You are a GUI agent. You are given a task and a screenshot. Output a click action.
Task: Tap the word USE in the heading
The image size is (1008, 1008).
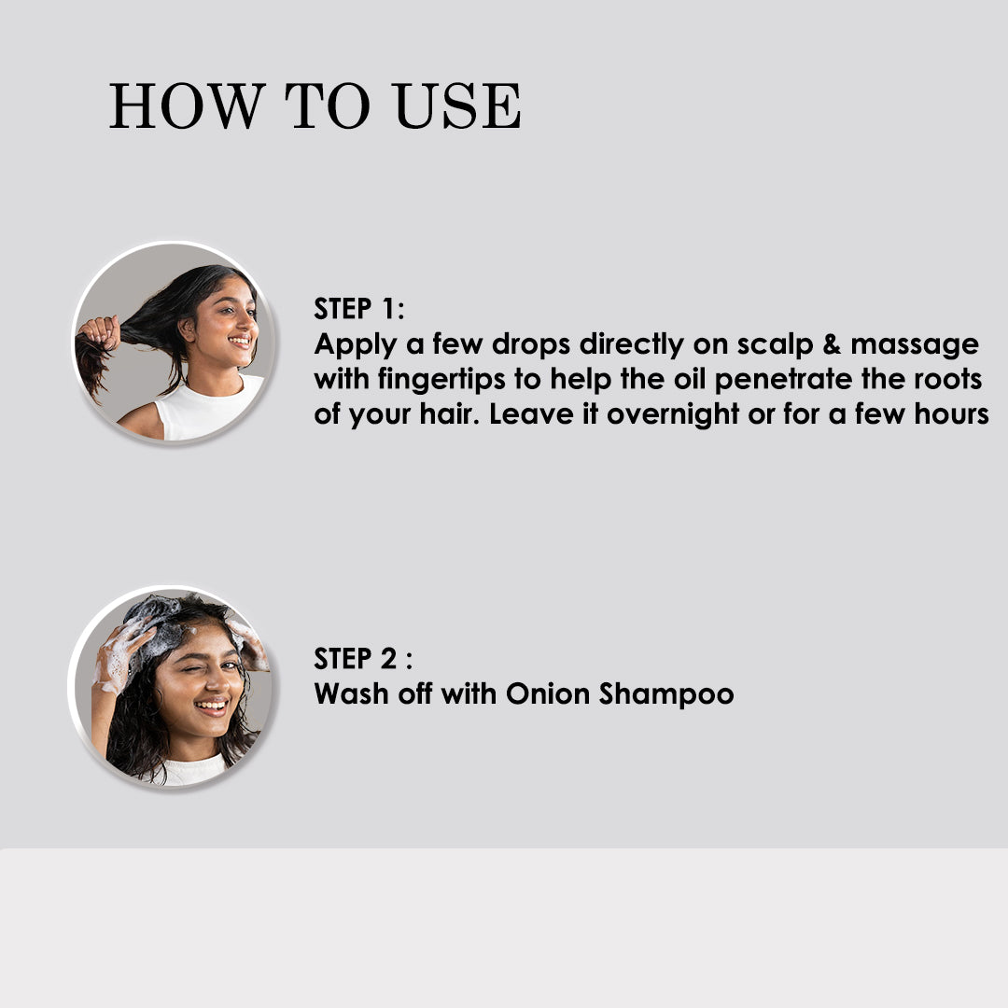(x=457, y=106)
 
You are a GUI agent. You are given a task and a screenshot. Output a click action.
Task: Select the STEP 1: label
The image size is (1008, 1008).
(x=359, y=309)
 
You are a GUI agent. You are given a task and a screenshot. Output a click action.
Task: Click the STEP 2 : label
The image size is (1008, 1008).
(x=363, y=659)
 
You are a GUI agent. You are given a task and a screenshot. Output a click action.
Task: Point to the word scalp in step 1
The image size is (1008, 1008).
(x=775, y=345)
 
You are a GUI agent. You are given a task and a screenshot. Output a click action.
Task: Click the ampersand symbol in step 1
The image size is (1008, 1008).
(x=832, y=344)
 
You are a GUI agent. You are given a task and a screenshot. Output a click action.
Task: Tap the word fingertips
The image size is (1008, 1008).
(x=441, y=380)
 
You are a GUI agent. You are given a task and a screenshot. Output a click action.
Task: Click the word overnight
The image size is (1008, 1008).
(x=673, y=414)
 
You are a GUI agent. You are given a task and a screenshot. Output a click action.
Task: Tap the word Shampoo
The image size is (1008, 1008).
(x=666, y=695)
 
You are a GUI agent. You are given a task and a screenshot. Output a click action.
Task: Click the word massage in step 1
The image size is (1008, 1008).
(x=915, y=345)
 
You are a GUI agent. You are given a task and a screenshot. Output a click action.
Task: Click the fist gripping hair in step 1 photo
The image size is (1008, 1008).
(x=100, y=332)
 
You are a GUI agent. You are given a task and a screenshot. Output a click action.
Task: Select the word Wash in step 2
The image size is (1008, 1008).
(x=351, y=694)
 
